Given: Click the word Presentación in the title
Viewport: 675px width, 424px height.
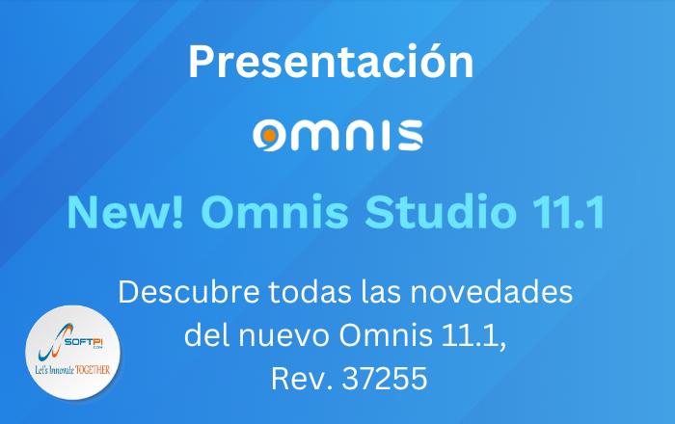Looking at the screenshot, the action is pos(331,62).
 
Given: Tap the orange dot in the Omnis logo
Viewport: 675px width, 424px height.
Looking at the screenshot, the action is pos(269,136).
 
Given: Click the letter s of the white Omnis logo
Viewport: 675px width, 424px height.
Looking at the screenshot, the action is pos(410,136).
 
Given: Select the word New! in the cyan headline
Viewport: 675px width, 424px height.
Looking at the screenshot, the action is pos(125,212).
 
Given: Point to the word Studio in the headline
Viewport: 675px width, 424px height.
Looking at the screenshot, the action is pos(441,212).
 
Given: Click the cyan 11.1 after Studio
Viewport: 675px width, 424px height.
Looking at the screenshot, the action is pos(569,212).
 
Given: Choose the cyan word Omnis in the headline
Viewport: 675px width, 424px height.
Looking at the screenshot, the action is pos(274,212).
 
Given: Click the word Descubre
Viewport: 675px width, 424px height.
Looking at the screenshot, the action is pos(189,292).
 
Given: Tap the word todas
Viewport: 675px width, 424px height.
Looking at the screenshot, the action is pos(310,292).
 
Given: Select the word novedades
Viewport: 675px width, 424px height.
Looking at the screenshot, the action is pos(491,292).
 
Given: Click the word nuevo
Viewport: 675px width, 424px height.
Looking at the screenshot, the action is pos(284,335).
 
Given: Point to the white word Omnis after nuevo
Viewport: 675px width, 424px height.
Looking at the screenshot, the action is pos(386,335).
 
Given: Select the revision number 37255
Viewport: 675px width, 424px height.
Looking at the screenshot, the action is pos(385,379).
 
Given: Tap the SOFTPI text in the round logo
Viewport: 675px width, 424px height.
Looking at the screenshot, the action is pos(84,341).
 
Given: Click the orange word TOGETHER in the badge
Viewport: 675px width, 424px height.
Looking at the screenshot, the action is pos(93,370).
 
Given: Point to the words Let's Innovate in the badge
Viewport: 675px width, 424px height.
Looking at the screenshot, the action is pos(55,370).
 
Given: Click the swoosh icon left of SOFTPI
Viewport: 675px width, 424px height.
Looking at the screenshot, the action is pos(53,342).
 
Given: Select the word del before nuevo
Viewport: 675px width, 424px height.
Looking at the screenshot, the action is pos(206,335).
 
